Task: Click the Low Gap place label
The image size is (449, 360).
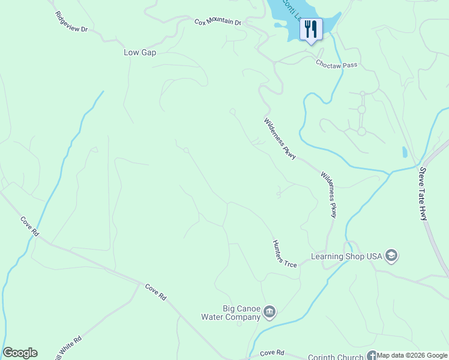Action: click(140, 53)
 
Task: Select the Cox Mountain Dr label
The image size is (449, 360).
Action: click(217, 22)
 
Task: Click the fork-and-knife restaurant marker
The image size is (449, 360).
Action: click(310, 29)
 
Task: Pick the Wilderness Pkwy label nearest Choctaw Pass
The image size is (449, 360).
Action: click(280, 139)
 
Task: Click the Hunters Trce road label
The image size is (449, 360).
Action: click(285, 254)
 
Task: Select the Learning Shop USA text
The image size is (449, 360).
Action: click(346, 256)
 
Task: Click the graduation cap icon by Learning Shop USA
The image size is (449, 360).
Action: click(391, 256)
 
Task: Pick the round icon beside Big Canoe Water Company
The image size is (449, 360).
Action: click(270, 311)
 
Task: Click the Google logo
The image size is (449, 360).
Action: click(20, 353)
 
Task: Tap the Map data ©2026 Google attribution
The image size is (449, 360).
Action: click(412, 355)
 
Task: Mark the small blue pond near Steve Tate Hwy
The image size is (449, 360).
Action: click(405, 152)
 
